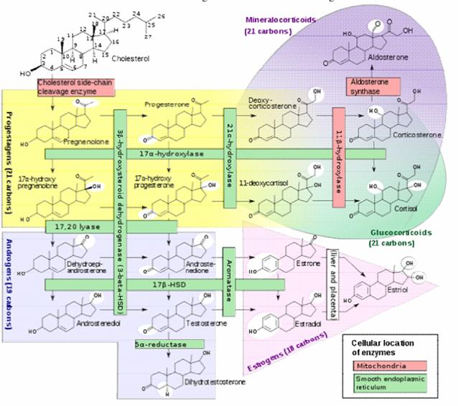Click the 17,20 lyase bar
coord(75,227)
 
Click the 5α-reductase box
coord(162,344)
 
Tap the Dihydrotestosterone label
coord(215,382)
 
